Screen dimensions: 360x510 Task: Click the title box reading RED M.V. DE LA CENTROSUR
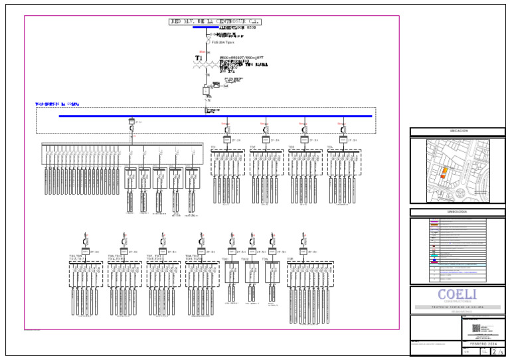pyautogui.click(x=216, y=22)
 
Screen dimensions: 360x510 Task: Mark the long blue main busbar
pyautogui.click(x=216, y=116)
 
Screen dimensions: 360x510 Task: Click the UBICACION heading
pyautogui.click(x=458, y=131)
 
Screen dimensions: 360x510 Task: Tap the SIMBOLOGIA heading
pyautogui.click(x=458, y=212)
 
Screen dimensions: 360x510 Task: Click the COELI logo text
pyautogui.click(x=457, y=294)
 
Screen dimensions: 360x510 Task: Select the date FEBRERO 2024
pyautogui.click(x=483, y=344)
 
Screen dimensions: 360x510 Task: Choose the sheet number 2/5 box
pyautogui.click(x=497, y=351)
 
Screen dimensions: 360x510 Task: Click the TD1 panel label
pyautogui.click(x=214, y=147)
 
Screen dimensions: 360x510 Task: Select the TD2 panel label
pyautogui.click(x=252, y=147)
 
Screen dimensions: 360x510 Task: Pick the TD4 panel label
pyautogui.click(x=330, y=147)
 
